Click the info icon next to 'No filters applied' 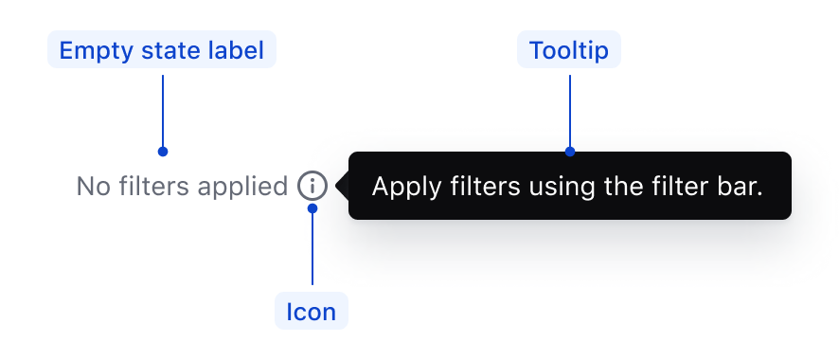[x=312, y=186]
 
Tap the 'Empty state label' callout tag [x=162, y=50]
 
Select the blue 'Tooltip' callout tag [x=569, y=50]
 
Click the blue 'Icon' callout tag [x=312, y=312]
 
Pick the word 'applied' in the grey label [x=243, y=187]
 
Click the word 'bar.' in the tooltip [x=740, y=186]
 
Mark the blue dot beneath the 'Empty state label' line [x=163, y=152]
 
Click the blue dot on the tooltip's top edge [x=570, y=152]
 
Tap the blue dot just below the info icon [x=312, y=208]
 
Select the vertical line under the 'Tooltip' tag [x=570, y=109]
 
